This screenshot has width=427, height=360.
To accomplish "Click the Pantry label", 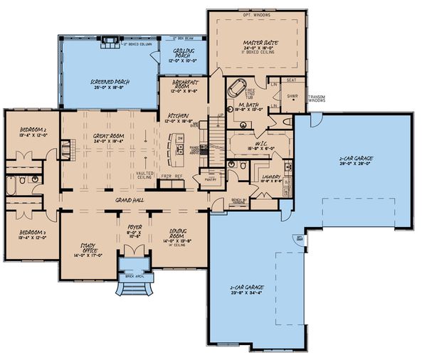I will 210,180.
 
